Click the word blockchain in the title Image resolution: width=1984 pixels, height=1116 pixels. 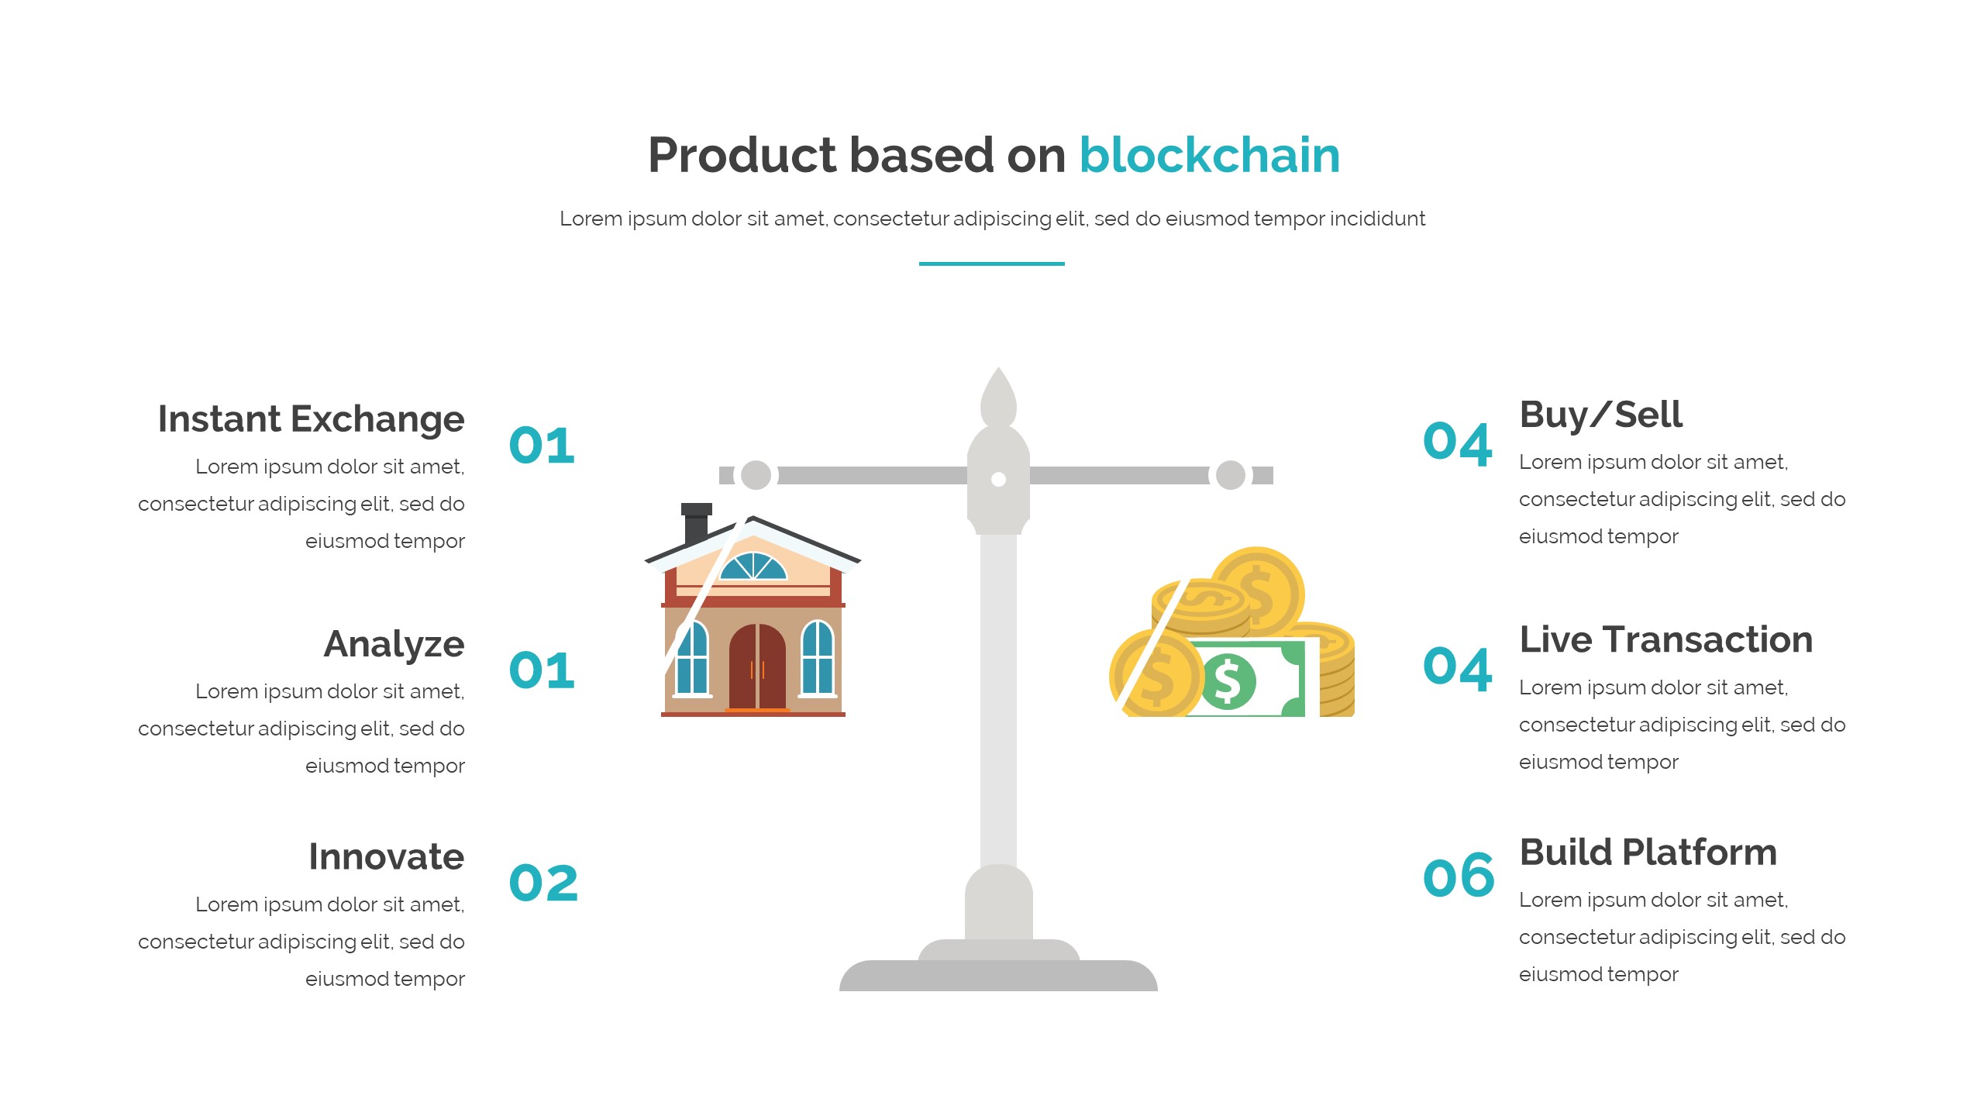click(1209, 155)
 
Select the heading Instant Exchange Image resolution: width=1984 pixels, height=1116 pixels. click(311, 420)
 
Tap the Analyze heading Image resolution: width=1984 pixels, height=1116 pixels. click(394, 645)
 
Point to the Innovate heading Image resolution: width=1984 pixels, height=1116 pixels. click(386, 856)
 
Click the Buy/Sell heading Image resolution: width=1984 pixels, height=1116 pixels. click(1601, 415)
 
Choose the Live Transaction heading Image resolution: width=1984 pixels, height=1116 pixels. click(1666, 640)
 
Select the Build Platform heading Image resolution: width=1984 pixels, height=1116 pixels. click(1648, 852)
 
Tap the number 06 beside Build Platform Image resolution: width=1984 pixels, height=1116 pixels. click(1459, 877)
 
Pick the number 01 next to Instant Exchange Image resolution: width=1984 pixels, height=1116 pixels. click(542, 446)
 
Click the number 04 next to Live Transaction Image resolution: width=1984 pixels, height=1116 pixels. click(1458, 668)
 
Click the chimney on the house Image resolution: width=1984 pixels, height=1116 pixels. click(696, 524)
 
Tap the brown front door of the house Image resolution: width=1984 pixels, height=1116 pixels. click(757, 666)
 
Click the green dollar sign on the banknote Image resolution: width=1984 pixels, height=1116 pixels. click(1228, 681)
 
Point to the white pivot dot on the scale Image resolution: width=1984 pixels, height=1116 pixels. click(999, 480)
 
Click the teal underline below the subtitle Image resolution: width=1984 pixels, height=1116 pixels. click(992, 263)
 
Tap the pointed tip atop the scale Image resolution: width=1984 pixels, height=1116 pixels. click(998, 369)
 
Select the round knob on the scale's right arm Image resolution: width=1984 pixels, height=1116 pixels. click(1231, 475)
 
